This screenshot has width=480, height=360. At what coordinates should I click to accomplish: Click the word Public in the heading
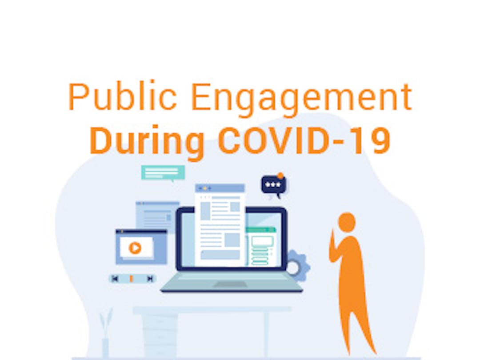pyautogui.click(x=123, y=96)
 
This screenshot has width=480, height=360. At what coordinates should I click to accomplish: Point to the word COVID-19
pyautogui.click(x=304, y=140)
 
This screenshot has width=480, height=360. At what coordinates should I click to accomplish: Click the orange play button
pyautogui.click(x=135, y=248)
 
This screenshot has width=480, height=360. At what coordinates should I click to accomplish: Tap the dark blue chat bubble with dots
pyautogui.click(x=273, y=185)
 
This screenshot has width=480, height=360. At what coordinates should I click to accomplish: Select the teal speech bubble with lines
pyautogui.click(x=163, y=173)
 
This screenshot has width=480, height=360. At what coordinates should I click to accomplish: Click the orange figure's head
pyautogui.click(x=347, y=221)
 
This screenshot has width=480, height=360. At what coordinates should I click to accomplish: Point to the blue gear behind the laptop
pyautogui.click(x=300, y=266)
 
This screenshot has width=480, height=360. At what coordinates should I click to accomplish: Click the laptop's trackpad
pyautogui.click(x=230, y=284)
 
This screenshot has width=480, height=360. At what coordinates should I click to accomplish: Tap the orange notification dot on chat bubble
pyautogui.click(x=280, y=176)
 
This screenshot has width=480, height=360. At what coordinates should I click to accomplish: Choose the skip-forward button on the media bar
pyautogui.click(x=150, y=279)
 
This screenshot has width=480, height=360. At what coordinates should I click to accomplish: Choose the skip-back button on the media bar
pyautogui.click(x=115, y=279)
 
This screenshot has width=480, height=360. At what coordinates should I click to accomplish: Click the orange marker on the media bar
pyautogui.click(x=131, y=279)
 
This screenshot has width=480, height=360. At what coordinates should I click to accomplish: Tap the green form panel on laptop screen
pyautogui.click(x=261, y=246)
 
